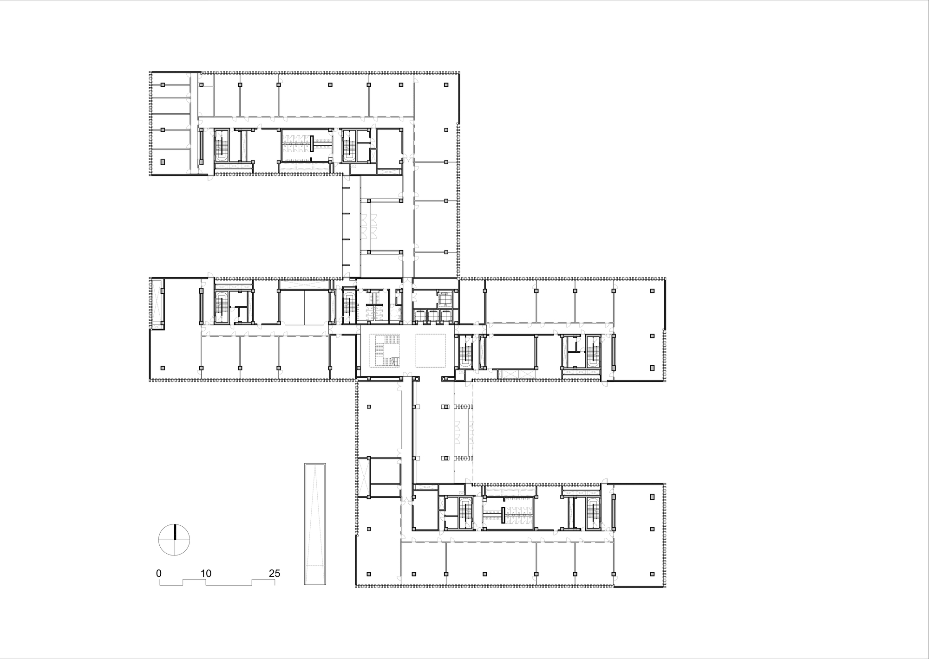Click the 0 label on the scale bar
(x=159, y=573)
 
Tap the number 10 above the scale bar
(x=206, y=573)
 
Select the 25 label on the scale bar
(x=275, y=573)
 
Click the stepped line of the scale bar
(x=217, y=582)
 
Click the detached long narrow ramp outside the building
(x=315, y=524)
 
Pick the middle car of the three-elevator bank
(x=433, y=316)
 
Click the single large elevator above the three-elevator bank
(x=445, y=298)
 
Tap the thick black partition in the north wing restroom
(x=312, y=143)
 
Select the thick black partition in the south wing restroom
(x=503, y=516)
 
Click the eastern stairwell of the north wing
(x=349, y=145)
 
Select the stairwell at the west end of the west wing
(x=222, y=307)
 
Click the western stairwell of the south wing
(x=465, y=513)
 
